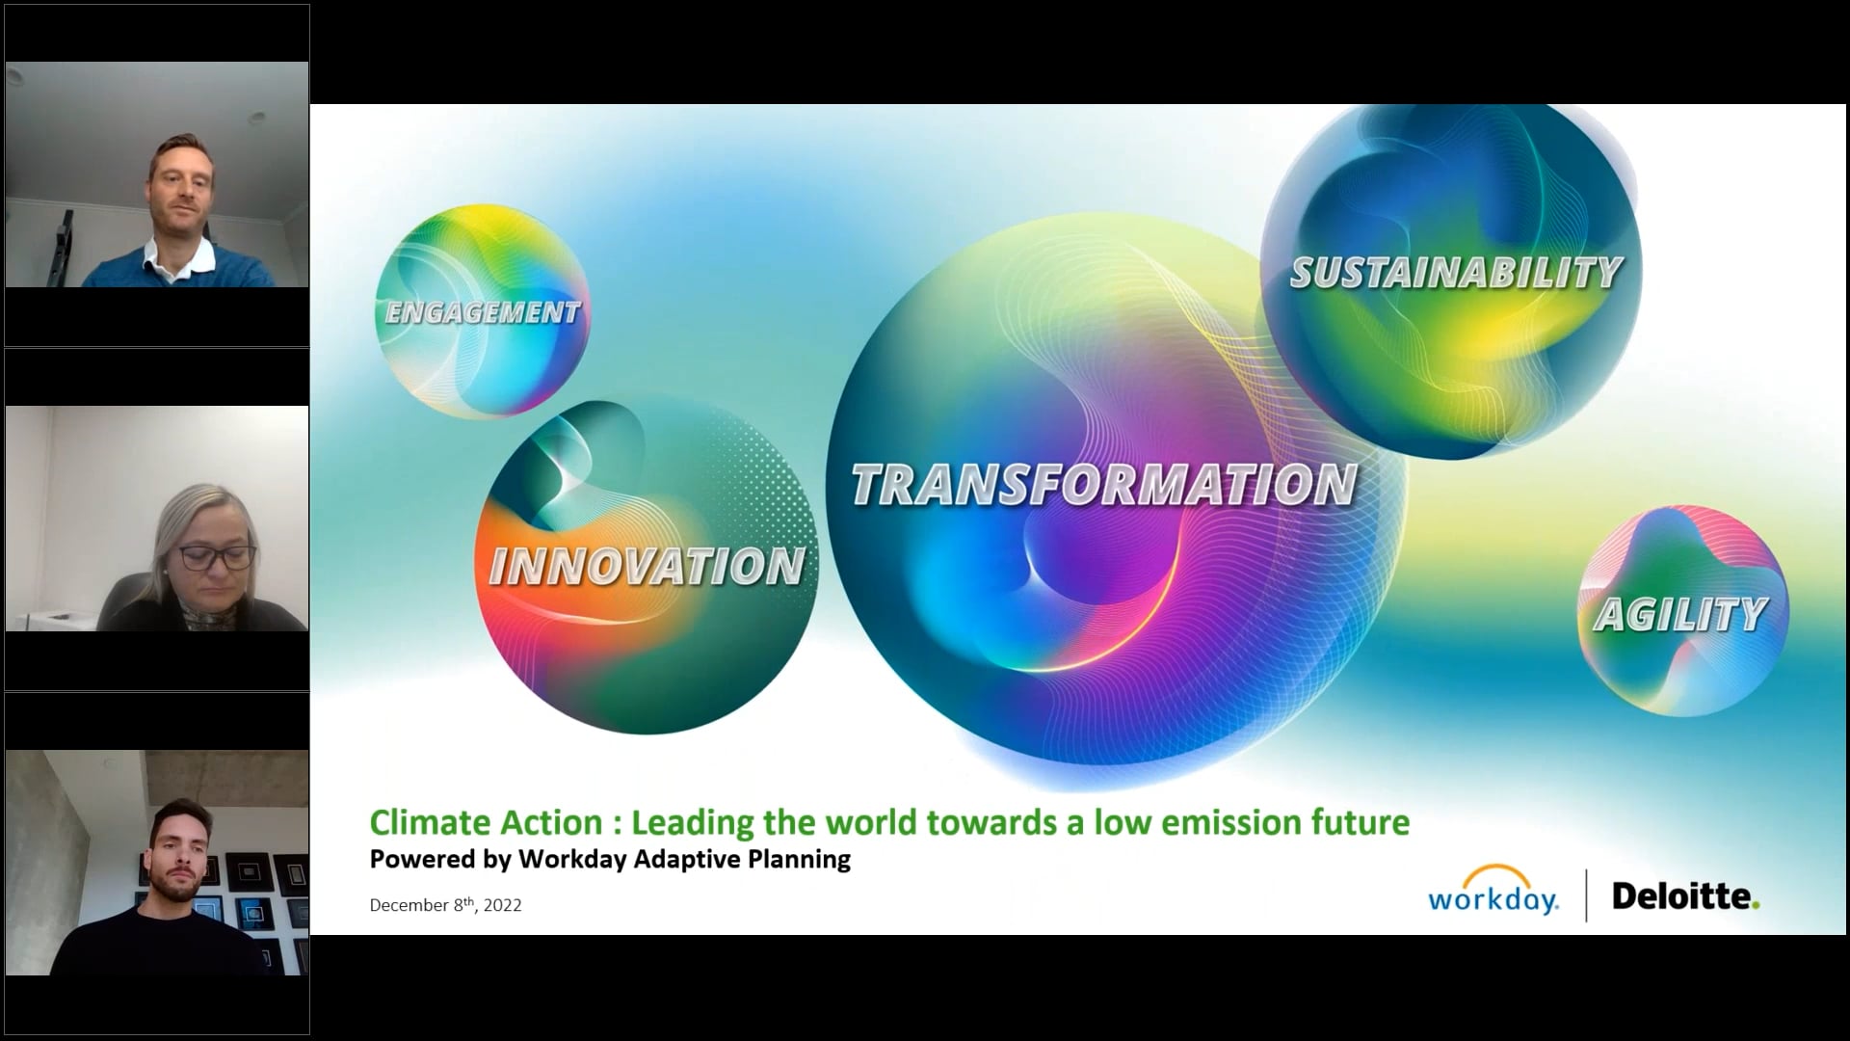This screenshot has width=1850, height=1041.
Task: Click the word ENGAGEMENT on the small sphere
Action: [x=483, y=312]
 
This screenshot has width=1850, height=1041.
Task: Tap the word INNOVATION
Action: [x=647, y=567]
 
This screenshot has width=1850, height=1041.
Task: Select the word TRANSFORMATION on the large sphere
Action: [x=1104, y=485]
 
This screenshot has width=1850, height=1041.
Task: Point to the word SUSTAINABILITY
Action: [x=1456, y=274]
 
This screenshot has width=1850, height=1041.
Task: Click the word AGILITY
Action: [x=1681, y=615]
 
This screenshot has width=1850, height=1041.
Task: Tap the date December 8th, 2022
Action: [x=445, y=905]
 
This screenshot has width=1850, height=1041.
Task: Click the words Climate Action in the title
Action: [x=486, y=822]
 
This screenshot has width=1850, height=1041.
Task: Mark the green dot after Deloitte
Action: [x=1757, y=905]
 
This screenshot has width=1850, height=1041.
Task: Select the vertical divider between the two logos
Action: [x=1586, y=895]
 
